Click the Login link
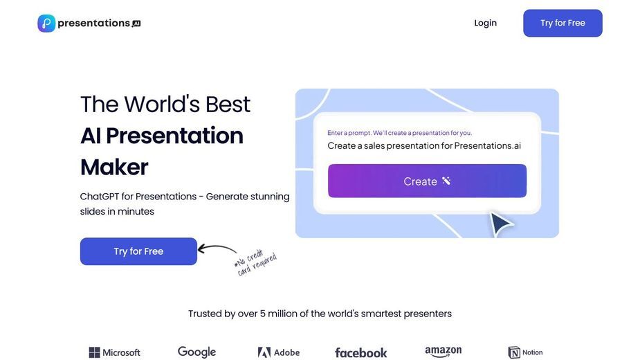(485, 24)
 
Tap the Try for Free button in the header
(563, 24)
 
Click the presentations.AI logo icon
(46, 24)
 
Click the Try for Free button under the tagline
(138, 251)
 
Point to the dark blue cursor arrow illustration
(501, 224)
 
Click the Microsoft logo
(115, 352)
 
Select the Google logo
(196, 352)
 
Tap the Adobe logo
(279, 352)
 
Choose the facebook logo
(360, 352)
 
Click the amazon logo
(444, 352)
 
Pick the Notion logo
(525, 352)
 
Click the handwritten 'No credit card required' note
(255, 262)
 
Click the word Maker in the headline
(114, 167)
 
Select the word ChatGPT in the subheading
(99, 197)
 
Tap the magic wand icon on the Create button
(446, 181)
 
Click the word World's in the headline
(163, 105)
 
